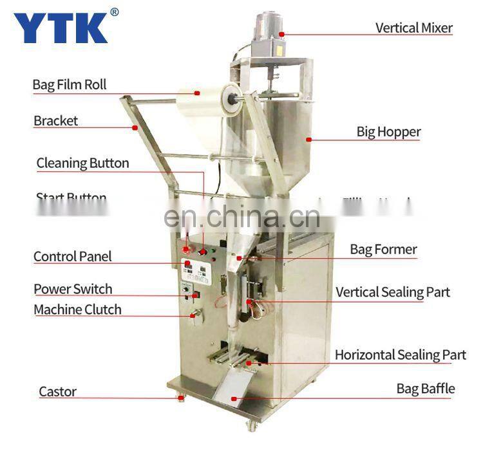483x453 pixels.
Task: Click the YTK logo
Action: click(61, 26)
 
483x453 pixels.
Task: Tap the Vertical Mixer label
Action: click(413, 28)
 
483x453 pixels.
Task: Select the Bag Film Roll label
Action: click(70, 84)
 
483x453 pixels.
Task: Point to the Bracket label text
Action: click(56, 120)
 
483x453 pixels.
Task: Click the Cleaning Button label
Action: click(82, 163)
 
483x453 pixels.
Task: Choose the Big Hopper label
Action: click(388, 132)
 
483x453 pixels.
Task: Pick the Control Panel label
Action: click(72, 256)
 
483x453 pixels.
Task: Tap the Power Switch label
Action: click(73, 289)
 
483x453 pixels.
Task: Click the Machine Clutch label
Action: click(77, 310)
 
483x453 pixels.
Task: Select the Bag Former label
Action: click(383, 249)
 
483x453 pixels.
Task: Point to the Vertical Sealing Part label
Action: click(392, 292)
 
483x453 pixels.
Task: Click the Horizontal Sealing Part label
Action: click(400, 355)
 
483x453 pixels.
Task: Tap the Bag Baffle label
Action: click(425, 389)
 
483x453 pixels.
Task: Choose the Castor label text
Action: click(58, 391)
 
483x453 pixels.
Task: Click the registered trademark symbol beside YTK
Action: click(114, 12)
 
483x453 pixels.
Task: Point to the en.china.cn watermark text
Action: click(241, 217)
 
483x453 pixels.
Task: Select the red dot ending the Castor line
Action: click(181, 398)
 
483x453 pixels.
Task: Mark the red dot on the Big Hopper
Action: click(309, 138)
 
